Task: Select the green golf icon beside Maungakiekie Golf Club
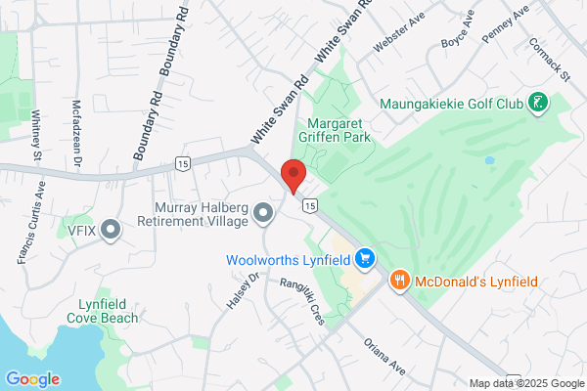[536, 102]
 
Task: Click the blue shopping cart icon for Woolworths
[365, 258]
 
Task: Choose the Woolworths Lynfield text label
[289, 260]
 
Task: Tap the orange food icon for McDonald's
[399, 282]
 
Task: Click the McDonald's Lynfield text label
[475, 282]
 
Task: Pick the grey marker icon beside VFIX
[111, 230]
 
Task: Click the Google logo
[32, 379]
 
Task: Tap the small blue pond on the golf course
[488, 160]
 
